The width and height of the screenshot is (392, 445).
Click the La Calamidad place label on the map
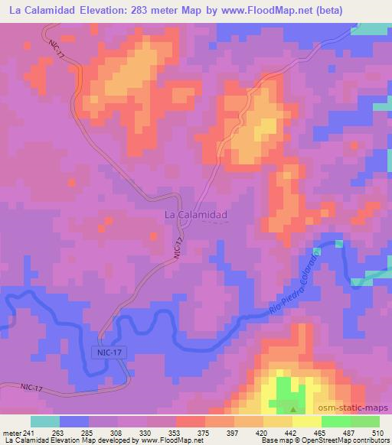pos(195,216)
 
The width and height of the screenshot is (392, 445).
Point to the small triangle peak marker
pos(295,408)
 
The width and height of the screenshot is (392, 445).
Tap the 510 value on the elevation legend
pos(377,434)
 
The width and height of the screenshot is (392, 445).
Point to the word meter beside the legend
pos(11,434)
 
